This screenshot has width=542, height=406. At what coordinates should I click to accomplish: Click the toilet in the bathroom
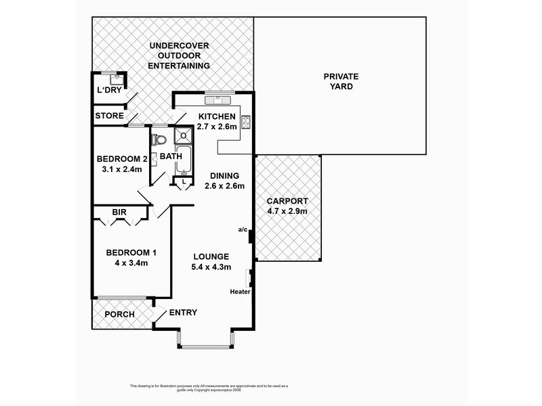coord(159,140)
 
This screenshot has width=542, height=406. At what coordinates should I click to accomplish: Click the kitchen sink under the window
coord(220,101)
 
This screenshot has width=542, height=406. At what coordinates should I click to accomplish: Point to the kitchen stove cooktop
coord(245,122)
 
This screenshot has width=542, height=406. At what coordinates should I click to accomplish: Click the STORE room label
coord(109,116)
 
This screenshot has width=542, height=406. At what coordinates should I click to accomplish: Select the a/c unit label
coord(243,229)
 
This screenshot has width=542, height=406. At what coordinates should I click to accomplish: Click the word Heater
coord(241,292)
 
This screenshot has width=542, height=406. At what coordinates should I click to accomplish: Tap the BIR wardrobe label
coord(119,212)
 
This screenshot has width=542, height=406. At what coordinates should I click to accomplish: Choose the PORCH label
coord(119,315)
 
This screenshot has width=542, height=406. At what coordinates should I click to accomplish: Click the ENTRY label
coord(183,313)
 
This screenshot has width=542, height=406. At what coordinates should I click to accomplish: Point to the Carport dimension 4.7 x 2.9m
coord(287,210)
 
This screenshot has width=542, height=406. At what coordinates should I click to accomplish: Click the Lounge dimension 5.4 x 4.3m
coord(211,267)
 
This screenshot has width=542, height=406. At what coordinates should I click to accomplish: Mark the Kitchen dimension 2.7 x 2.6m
coord(216,127)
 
